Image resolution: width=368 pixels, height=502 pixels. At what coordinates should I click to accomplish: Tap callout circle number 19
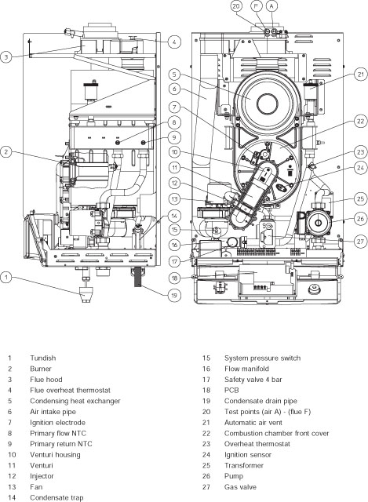[174, 294]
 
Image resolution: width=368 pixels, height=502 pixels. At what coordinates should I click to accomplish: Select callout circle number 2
[8, 152]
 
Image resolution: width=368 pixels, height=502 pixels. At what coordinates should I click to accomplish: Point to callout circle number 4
[174, 41]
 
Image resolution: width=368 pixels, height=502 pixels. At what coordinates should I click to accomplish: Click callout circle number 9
[174, 138]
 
